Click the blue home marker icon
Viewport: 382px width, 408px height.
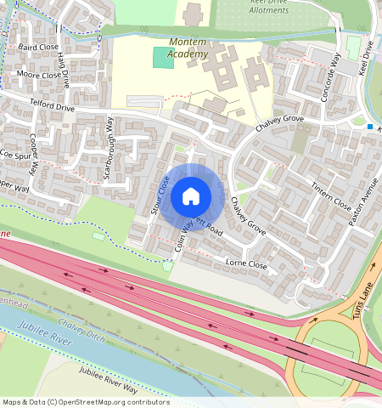pos(191,196)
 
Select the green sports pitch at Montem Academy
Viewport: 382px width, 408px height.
pos(162,58)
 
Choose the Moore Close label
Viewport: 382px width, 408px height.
pos(39,75)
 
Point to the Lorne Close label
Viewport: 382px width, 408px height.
pos(246,265)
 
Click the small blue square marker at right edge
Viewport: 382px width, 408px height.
pos(371,127)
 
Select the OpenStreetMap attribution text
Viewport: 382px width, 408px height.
pos(85,402)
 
